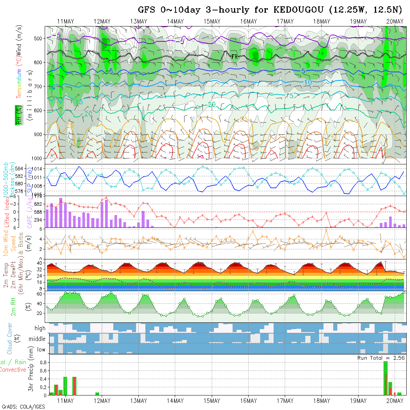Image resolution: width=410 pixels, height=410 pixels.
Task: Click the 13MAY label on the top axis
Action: coord(138,22)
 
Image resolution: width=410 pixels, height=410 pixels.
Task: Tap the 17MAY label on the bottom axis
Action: coord(285,401)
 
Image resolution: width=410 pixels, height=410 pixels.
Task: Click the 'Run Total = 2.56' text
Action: coord(381,357)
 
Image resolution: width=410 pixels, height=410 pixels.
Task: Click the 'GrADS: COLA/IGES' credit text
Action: coord(23,407)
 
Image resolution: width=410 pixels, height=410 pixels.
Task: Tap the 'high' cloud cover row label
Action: coord(40,328)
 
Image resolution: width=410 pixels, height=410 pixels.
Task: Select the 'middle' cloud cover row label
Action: coord(37,339)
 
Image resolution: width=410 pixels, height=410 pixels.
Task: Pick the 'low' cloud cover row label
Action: coord(41,350)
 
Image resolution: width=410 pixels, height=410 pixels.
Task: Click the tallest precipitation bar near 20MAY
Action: coord(385,378)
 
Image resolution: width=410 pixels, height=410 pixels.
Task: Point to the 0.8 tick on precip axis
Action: coord(42,362)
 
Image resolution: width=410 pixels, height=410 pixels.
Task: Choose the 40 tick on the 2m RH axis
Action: coord(38,303)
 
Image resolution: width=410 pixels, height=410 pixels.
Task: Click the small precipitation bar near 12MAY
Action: coord(97,394)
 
